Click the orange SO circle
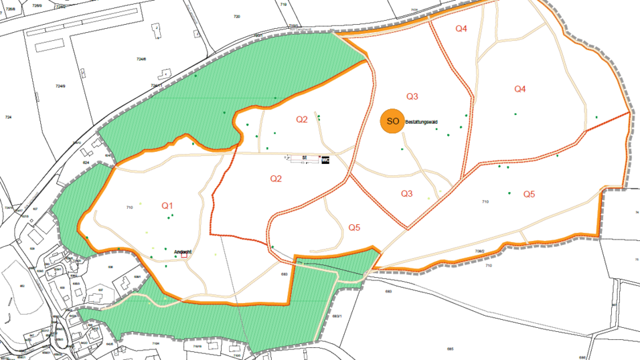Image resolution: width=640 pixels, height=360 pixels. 392,121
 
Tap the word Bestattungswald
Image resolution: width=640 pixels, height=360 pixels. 424,122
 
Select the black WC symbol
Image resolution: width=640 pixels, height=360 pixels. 325,160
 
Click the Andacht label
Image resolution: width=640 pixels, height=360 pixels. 183,252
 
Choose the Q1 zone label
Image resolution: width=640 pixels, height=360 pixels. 167,205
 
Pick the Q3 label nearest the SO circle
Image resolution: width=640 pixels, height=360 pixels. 412,96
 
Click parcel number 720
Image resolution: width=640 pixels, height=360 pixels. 236,16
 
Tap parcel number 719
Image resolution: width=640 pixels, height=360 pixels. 283,5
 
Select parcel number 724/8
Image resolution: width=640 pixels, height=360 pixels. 141,59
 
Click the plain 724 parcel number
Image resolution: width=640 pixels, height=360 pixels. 8,117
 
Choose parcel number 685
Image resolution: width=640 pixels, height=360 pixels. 451,349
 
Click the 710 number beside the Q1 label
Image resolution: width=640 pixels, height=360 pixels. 129,209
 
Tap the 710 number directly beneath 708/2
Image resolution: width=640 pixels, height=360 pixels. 489,266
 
